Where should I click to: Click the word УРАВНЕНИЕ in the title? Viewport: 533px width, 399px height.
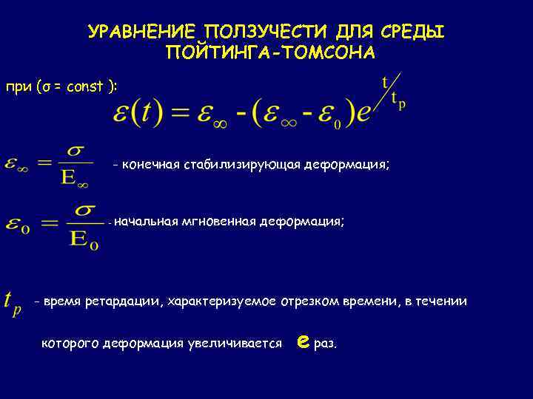tap(141, 33)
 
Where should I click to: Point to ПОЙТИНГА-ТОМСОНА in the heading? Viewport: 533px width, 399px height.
tap(270, 53)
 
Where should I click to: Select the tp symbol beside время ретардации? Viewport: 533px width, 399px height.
tap(13, 301)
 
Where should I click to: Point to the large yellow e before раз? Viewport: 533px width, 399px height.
tap(301, 341)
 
